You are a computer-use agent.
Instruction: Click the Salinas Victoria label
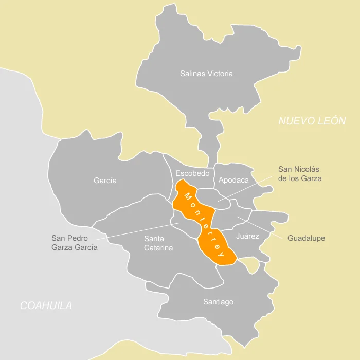pyautogui.click(x=206, y=74)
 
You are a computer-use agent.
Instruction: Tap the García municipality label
pyautogui.click(x=105, y=181)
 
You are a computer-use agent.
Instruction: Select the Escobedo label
pyautogui.click(x=192, y=173)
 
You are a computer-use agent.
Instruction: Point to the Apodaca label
pyautogui.click(x=233, y=180)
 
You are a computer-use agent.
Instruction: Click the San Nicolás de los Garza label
pyautogui.click(x=300, y=173)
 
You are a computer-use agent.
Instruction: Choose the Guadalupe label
pyautogui.click(x=306, y=238)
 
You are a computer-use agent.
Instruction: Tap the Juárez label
pyautogui.click(x=247, y=236)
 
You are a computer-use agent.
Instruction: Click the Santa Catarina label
pyautogui.click(x=158, y=243)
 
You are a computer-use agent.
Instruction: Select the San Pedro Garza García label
pyautogui.click(x=75, y=243)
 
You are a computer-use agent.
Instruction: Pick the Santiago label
pyautogui.click(x=218, y=302)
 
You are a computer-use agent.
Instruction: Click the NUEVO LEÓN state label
pyautogui.click(x=312, y=121)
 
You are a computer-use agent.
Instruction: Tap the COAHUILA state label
pyautogui.click(x=46, y=305)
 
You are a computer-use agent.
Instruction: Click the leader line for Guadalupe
pyautogui.click(x=260, y=227)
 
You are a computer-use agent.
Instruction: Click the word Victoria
pyautogui.click(x=220, y=74)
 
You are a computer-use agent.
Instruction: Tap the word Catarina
pyautogui.click(x=158, y=248)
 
